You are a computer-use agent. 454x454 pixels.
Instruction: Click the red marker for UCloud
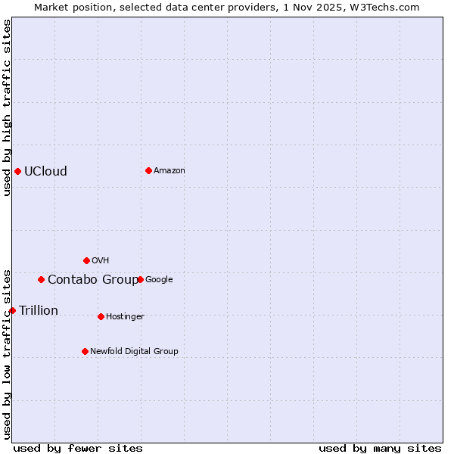click(17, 171)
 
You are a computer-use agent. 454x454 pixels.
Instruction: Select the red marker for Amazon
click(148, 170)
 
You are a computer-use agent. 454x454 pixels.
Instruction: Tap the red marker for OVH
click(86, 260)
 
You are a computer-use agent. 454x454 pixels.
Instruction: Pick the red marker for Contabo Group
click(41, 279)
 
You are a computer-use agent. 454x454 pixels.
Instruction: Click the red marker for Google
click(140, 279)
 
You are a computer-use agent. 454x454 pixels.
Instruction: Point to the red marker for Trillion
click(12, 310)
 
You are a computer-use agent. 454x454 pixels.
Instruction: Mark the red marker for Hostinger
click(101, 316)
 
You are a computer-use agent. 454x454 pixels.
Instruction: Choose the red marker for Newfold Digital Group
click(85, 351)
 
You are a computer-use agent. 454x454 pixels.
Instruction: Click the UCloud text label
click(45, 171)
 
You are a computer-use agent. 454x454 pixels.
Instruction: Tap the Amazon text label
click(169, 170)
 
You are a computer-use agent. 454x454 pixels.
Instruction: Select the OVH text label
click(100, 260)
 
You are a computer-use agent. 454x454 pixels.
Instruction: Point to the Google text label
click(159, 279)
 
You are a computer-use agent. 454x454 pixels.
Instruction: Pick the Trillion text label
click(39, 310)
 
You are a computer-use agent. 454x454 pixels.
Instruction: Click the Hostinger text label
click(125, 316)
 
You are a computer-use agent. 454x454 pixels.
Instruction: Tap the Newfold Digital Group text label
click(134, 351)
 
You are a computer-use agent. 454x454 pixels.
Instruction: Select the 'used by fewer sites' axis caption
click(78, 448)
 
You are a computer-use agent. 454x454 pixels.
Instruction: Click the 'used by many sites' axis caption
click(380, 448)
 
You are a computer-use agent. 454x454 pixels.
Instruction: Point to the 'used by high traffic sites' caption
click(7, 107)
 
